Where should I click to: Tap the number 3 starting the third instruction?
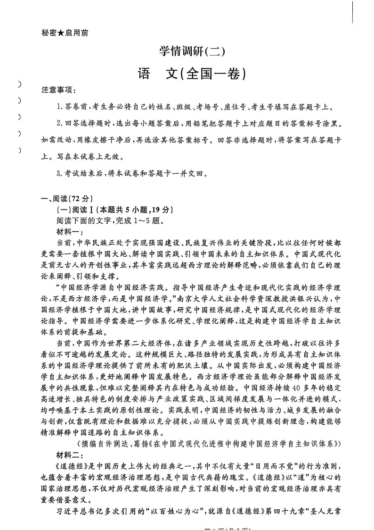[x=58, y=174]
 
